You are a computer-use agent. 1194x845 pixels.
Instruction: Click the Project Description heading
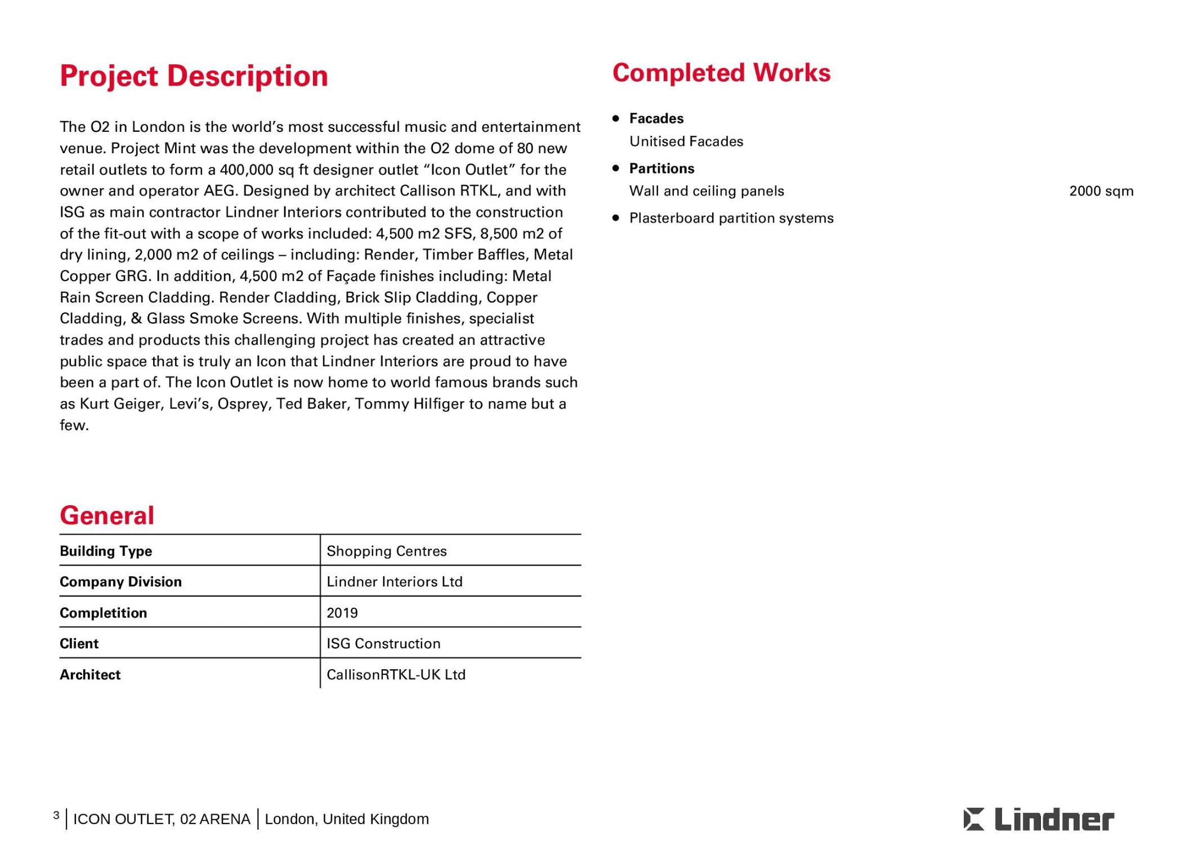pyautogui.click(x=194, y=76)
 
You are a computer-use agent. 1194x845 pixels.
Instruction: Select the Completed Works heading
pyautogui.click(x=721, y=73)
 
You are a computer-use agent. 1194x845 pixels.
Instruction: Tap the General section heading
pyautogui.click(x=107, y=515)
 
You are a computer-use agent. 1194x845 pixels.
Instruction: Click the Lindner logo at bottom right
pyautogui.click(x=1039, y=819)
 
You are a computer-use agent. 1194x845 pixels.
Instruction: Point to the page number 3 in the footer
pyautogui.click(x=56, y=816)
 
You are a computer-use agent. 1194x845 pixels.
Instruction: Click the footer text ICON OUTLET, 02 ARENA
pyautogui.click(x=162, y=819)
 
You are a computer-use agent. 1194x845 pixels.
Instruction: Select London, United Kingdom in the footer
pyautogui.click(x=347, y=819)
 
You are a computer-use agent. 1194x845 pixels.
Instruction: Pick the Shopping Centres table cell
pyautogui.click(x=387, y=551)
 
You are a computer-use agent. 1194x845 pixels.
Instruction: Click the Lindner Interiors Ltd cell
pyautogui.click(x=395, y=582)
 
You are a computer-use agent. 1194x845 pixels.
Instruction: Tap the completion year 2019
pyautogui.click(x=342, y=613)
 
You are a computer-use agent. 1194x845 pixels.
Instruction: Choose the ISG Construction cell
pyautogui.click(x=383, y=644)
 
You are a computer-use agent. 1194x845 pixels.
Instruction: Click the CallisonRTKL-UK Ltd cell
pyautogui.click(x=396, y=675)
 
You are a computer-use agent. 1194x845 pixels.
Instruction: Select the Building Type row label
pyautogui.click(x=106, y=551)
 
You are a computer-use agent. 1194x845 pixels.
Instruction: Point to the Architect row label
pyautogui.click(x=90, y=675)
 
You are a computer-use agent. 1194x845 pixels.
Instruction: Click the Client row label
pyautogui.click(x=79, y=644)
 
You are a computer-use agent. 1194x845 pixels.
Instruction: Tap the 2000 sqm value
pyautogui.click(x=1101, y=191)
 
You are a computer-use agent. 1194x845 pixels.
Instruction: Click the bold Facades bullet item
pyautogui.click(x=656, y=119)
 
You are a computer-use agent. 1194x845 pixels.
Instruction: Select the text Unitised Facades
pyautogui.click(x=686, y=141)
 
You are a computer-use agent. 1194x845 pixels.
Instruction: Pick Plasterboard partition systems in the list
pyautogui.click(x=731, y=218)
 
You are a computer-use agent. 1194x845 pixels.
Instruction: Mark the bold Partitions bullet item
pyautogui.click(x=661, y=168)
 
